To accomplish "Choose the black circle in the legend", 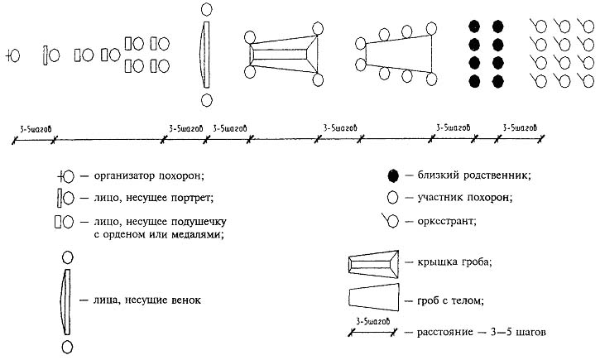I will click(x=393, y=175).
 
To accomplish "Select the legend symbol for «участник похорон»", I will click(x=393, y=198).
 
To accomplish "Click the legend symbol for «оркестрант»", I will click(x=390, y=221).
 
